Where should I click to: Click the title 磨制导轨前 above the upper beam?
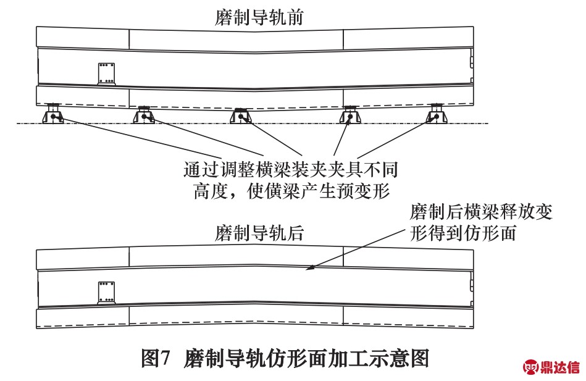click(x=259, y=17)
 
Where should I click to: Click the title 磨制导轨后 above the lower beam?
click(x=259, y=233)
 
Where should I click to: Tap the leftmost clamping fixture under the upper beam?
click(x=53, y=114)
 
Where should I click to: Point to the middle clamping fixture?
click(x=241, y=115)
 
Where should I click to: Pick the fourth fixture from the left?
click(x=350, y=114)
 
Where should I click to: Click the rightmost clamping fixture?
click(x=437, y=114)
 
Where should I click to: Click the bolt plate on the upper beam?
click(x=106, y=73)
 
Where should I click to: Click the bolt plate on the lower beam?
click(x=106, y=292)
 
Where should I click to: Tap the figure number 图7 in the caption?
click(x=156, y=358)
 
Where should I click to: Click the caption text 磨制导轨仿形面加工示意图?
click(x=306, y=358)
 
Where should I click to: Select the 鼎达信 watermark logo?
click(x=551, y=367)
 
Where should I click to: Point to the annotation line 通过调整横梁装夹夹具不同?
click(x=291, y=169)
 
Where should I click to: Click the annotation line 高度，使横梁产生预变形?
click(x=291, y=191)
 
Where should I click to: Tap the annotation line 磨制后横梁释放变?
click(x=481, y=212)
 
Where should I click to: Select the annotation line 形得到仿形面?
click(x=463, y=233)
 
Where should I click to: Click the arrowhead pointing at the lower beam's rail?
click(x=309, y=267)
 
